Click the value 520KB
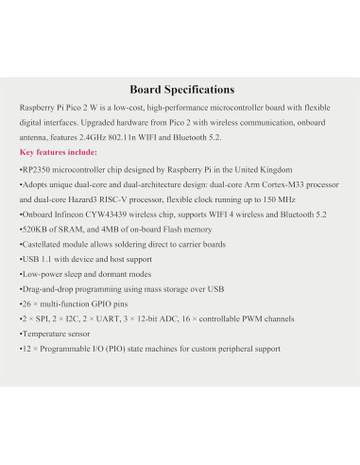(33, 232)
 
